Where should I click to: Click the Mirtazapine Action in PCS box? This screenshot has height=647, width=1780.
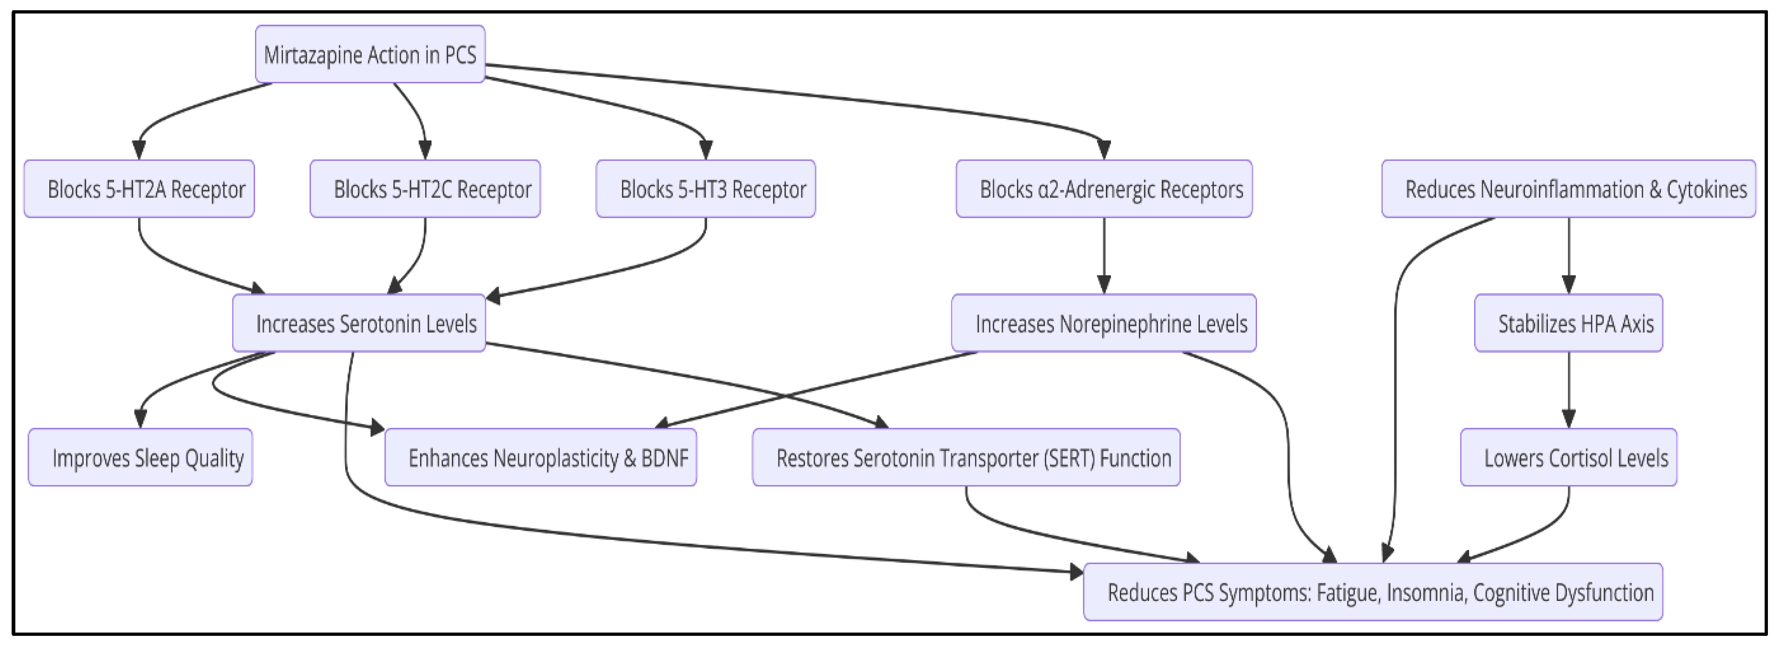(x=370, y=54)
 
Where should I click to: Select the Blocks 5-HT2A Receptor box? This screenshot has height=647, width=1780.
(x=139, y=189)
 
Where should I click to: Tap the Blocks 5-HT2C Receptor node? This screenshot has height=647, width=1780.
(x=425, y=189)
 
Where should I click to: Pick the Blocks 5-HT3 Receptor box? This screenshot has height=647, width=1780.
(x=705, y=189)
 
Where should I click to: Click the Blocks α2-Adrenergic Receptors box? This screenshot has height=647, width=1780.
(x=1104, y=189)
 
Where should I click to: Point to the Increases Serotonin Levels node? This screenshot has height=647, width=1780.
(x=359, y=323)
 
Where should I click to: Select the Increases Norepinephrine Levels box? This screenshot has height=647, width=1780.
(x=1104, y=323)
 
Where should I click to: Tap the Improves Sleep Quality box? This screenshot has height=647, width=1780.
(x=141, y=458)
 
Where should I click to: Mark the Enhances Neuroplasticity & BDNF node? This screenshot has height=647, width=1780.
(x=540, y=458)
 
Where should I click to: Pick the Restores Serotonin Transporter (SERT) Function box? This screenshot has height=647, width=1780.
(x=965, y=458)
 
